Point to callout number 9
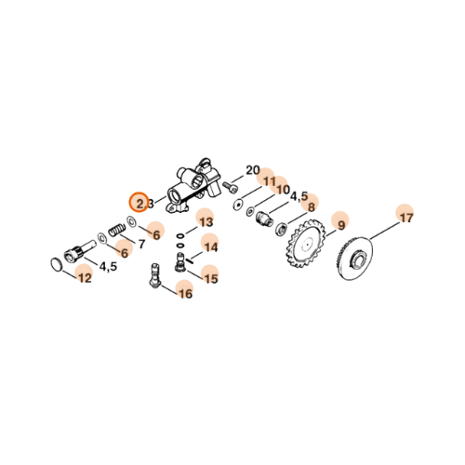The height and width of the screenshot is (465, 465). pyautogui.click(x=340, y=225)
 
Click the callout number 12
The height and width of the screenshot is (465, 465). pyautogui.click(x=85, y=277)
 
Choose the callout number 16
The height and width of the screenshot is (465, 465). pyautogui.click(x=185, y=294)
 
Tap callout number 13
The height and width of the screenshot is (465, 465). pyautogui.click(x=206, y=223)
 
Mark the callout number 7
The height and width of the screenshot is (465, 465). pyautogui.click(x=141, y=246)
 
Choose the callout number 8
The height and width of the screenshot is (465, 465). pyautogui.click(x=312, y=207)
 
